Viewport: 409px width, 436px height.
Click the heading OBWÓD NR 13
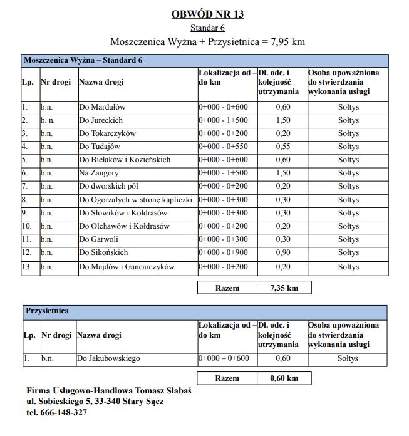(207, 14)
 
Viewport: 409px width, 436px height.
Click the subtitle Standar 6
(207, 28)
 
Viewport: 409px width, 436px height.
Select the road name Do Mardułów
(102, 107)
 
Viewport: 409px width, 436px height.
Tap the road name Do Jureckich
(101, 120)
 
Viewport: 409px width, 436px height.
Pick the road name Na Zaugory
(100, 173)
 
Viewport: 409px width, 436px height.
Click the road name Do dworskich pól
(109, 186)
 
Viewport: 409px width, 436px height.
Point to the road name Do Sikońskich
(103, 252)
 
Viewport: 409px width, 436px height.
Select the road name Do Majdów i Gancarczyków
(127, 267)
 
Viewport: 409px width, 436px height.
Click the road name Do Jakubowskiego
(108, 358)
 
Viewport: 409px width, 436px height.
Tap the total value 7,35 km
(284, 288)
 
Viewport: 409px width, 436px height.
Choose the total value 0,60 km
(284, 378)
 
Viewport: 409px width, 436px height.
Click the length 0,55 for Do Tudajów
(283, 147)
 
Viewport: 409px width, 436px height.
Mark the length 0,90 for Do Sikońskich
(283, 252)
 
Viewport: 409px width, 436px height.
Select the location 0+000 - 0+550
(224, 147)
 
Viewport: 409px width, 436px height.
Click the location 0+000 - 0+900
(224, 252)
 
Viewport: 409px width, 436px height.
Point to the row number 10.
(27, 226)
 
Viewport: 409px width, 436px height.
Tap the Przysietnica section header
(47, 311)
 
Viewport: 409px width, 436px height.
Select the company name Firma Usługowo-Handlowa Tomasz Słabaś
(109, 390)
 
